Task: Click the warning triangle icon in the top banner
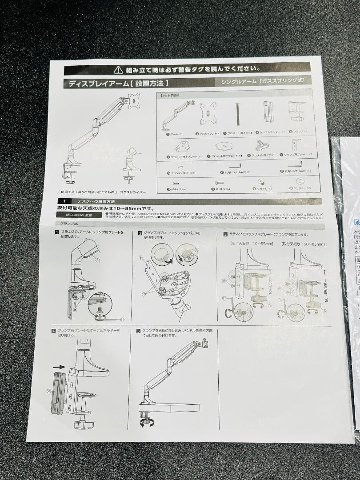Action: (118, 69)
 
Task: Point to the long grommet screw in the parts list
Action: (238, 114)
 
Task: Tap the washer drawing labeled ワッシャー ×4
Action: (300, 181)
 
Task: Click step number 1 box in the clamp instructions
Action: (57, 232)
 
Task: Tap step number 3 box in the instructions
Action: (225, 234)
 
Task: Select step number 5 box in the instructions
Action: (138, 331)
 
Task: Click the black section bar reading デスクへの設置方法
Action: (87, 201)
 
